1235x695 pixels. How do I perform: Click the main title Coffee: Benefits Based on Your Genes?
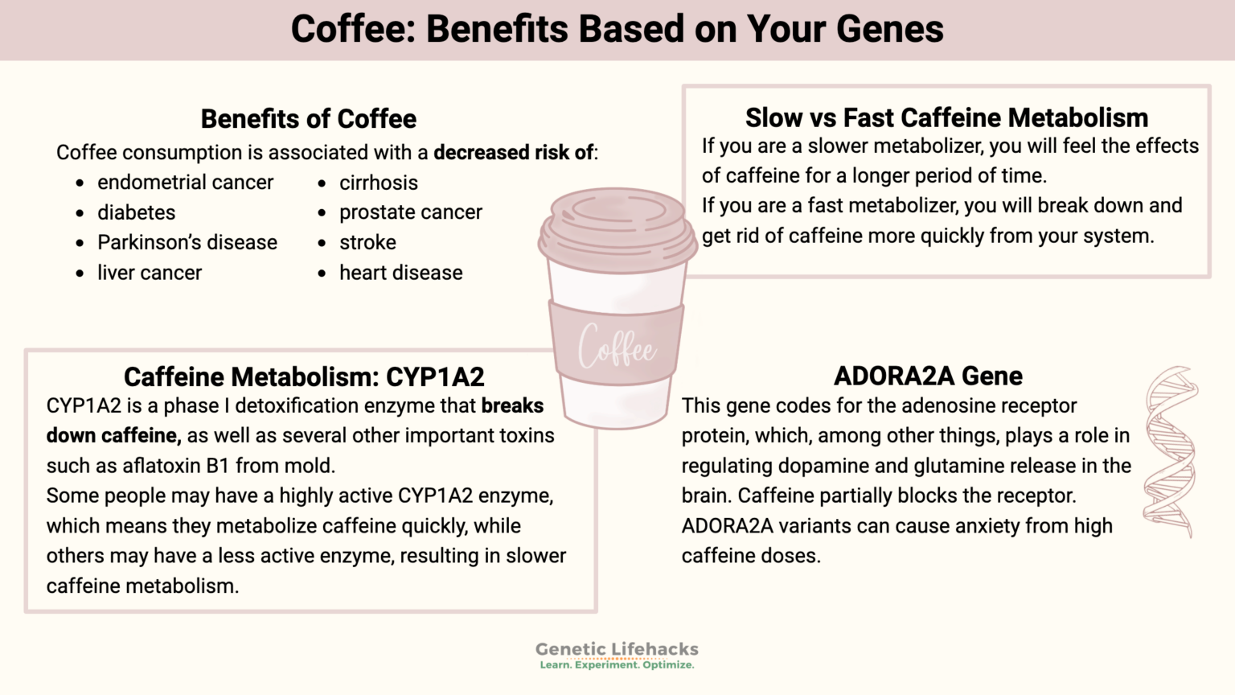coord(617,29)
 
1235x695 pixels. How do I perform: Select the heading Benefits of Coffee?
coord(309,119)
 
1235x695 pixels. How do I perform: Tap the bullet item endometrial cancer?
coord(185,183)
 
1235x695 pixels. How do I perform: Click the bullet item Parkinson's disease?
coord(187,242)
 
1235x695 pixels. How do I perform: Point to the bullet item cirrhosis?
coord(378,183)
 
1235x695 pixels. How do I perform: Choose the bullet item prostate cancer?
coord(410,212)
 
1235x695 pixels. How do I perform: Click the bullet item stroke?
coord(367,242)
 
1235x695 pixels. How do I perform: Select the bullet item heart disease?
coord(400,273)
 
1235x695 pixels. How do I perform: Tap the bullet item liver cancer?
coord(150,273)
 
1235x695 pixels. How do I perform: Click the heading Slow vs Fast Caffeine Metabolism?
coord(946,118)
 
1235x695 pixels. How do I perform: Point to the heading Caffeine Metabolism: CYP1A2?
coord(304,376)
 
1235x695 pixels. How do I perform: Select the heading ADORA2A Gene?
coord(928,376)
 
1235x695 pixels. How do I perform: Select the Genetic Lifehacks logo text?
coord(617,648)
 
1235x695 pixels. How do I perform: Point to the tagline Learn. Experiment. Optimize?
coord(617,665)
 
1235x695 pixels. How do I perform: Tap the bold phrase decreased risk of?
coord(514,153)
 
